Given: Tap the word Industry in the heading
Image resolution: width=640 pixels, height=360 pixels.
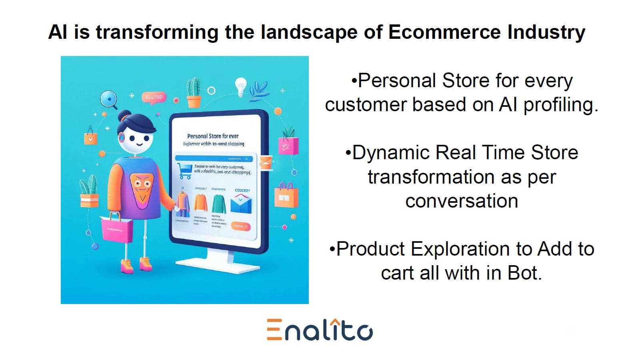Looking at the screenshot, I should coord(546,32).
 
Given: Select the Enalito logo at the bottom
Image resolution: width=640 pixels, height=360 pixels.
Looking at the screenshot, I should coord(320,330).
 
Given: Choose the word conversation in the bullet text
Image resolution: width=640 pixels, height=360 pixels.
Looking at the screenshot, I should coord(462,201).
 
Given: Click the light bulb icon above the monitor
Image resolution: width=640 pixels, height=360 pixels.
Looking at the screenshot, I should coord(240,87).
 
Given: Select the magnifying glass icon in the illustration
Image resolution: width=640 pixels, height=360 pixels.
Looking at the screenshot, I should coord(108,99).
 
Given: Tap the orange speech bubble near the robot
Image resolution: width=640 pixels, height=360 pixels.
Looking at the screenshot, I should coord(153,98).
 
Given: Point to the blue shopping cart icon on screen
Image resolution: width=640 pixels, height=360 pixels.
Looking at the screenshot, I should coord(184,171).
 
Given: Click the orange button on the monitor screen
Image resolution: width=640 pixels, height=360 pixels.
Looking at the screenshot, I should coord(241,226).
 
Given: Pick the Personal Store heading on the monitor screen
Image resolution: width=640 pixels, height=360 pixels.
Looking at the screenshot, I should coord(213,136).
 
